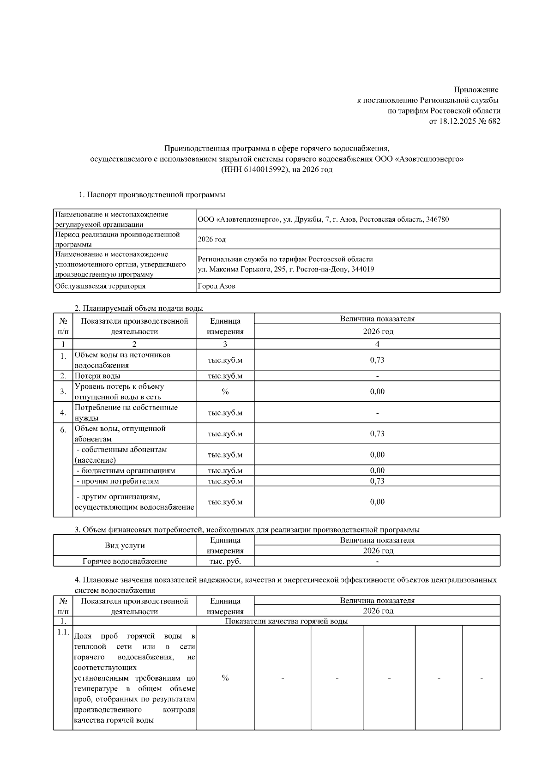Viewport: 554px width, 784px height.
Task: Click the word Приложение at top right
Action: [x=476, y=90]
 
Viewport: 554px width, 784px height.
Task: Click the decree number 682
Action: [x=494, y=121]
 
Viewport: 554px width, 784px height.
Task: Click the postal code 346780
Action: [x=437, y=219]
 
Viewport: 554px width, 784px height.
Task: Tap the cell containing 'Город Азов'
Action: [x=217, y=286]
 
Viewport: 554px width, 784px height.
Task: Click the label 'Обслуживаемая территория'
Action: [x=100, y=286]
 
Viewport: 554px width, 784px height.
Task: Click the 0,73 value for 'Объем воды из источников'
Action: [x=377, y=360]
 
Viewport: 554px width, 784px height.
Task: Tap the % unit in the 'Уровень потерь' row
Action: [x=225, y=392]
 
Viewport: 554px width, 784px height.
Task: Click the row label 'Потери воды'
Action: [x=97, y=376]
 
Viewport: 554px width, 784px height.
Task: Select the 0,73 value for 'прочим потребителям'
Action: [x=377, y=481]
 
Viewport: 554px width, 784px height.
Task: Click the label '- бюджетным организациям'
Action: [x=126, y=470]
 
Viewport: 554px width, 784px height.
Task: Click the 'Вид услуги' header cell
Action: [x=125, y=545]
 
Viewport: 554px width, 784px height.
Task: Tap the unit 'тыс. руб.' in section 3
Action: [x=225, y=561]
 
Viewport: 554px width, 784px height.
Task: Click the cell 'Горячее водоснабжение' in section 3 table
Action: [x=125, y=561]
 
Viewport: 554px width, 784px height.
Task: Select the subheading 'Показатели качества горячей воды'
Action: [x=286, y=621]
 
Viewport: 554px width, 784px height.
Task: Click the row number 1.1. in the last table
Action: [x=63, y=632]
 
